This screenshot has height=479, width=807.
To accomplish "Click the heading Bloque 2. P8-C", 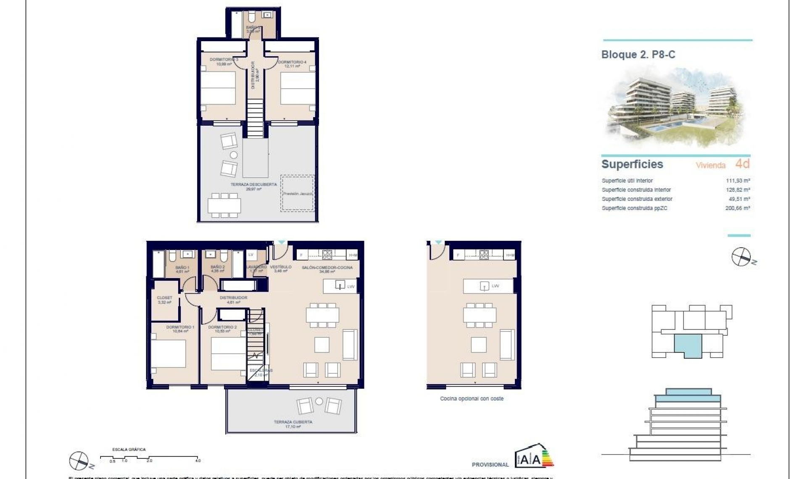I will (x=638, y=55).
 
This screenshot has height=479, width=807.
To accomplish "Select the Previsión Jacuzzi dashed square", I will (x=298, y=194).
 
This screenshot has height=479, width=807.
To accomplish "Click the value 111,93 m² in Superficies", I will (x=738, y=181).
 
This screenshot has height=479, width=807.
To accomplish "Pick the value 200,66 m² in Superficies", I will (x=738, y=208).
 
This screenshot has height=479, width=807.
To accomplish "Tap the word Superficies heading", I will (x=632, y=164).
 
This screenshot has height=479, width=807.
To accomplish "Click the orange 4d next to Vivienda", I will (x=742, y=164).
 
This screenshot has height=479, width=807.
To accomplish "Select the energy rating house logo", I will (x=534, y=455).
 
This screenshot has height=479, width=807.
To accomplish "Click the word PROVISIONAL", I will (x=490, y=465).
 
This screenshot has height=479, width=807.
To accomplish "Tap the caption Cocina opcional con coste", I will (x=472, y=398).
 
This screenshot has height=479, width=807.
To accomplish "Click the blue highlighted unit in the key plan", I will (x=688, y=345).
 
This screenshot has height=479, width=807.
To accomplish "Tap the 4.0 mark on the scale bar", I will (x=198, y=461).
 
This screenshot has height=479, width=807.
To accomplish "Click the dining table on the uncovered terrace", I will (x=224, y=205).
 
